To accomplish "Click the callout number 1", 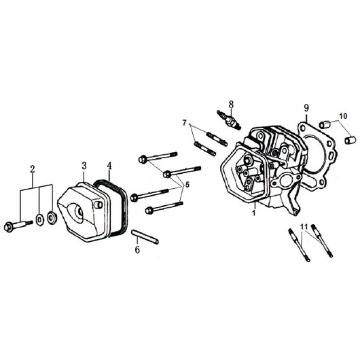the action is [x=253, y=213].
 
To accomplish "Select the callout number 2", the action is [x=33, y=169].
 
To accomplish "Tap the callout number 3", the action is [x=84, y=166].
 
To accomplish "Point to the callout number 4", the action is [x=109, y=166].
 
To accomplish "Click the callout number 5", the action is [x=187, y=185].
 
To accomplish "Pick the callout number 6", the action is [x=137, y=249].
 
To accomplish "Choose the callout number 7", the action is [x=185, y=123].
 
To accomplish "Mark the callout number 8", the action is [x=231, y=105].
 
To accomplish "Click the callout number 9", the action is [x=306, y=108].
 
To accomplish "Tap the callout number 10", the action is [x=343, y=116].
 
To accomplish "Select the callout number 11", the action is [x=304, y=227].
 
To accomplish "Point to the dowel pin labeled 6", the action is [x=145, y=237].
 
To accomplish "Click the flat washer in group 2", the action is [x=40, y=219].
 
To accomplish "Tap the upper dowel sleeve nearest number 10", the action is [x=325, y=124].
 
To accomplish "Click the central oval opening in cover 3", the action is [x=76, y=213].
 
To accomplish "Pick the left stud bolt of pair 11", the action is [x=299, y=245].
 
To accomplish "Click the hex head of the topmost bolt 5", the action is [x=143, y=160].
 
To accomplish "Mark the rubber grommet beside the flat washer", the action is [x=52, y=218].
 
